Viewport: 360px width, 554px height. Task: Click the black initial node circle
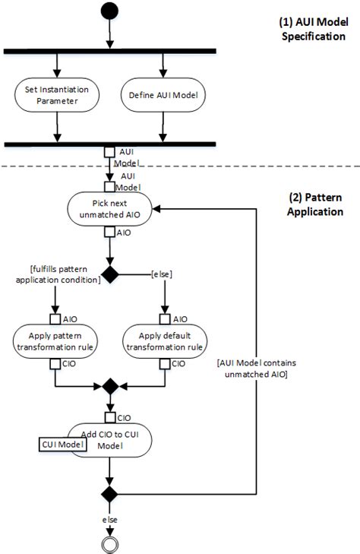tap(110, 11)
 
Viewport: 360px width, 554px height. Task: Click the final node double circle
tap(111, 543)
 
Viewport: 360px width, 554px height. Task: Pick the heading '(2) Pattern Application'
tap(314, 204)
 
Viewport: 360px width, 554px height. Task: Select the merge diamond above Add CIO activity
tap(111, 386)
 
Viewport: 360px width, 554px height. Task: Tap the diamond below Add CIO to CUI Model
tap(111, 494)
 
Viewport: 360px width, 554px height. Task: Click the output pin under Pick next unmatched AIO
tap(111, 233)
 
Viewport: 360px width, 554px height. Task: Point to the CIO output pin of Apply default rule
tap(163, 363)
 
